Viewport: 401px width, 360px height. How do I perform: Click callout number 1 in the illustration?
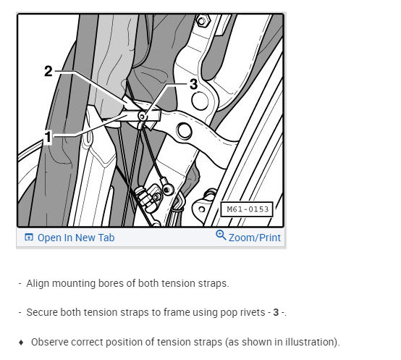(x=48, y=137)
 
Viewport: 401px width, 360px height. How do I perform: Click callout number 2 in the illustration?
(x=48, y=71)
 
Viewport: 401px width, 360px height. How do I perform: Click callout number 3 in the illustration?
(x=193, y=84)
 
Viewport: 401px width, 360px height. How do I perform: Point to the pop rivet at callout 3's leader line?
(x=142, y=117)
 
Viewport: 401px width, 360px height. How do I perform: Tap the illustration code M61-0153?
(x=248, y=209)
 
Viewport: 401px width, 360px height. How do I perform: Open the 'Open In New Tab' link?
(x=76, y=238)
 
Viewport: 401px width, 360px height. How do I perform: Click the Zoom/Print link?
(x=255, y=238)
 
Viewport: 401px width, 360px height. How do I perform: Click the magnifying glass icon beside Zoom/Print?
(x=221, y=235)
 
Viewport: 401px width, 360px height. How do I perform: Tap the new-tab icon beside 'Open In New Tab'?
(x=29, y=238)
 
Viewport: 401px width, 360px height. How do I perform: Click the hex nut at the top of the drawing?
(x=202, y=20)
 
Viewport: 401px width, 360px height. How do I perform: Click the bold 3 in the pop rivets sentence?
(x=276, y=312)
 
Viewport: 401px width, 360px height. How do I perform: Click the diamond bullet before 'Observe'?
(x=21, y=343)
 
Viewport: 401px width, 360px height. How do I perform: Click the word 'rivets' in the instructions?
(x=253, y=312)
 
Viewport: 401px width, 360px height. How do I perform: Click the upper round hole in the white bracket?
(x=200, y=101)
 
